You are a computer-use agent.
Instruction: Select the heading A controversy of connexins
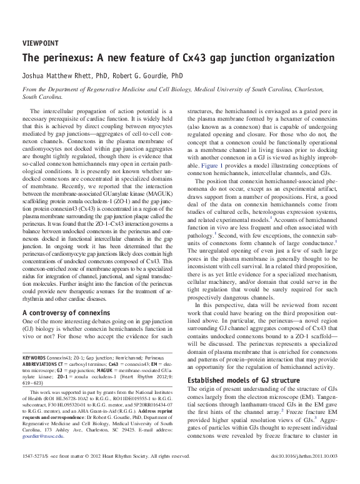(x=67, y=311)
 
